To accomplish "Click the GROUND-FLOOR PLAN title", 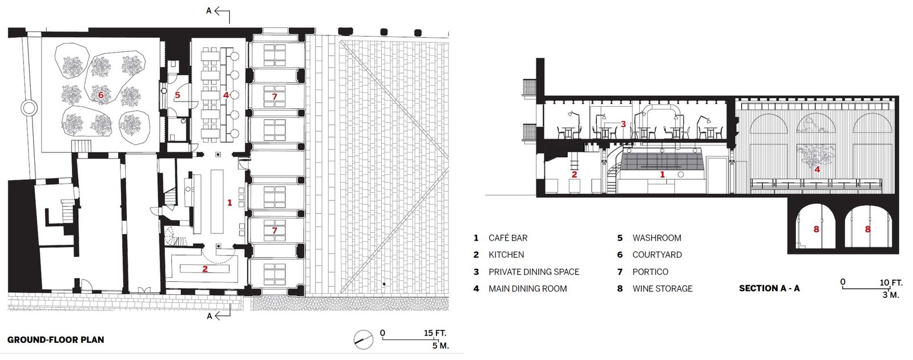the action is coord(56,339).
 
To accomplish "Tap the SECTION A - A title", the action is coord(769,288).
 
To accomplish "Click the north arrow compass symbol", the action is coord(363,339).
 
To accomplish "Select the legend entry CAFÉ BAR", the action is coord(508,238).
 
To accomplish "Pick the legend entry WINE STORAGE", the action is coord(662,289).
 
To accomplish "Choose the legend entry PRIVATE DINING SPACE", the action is coord(534,272).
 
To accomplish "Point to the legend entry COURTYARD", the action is coord(657,255).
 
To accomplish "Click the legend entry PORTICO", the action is coord(651,272).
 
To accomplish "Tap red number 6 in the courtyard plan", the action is coord(100,95).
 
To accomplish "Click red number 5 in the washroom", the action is coord(177,95).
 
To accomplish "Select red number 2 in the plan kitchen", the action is coord(205,269).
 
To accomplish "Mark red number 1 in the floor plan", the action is coord(229,203).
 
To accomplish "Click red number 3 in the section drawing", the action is coord(623,124).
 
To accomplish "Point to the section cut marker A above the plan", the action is coord(209,11).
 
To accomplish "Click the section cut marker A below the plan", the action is coord(209,316).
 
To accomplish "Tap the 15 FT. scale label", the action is coord(435,333).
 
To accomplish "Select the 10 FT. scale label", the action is coord(891,282).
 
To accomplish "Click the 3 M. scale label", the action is coord(891,295).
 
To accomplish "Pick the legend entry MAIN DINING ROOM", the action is coord(528,289).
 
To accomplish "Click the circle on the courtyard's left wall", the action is coord(29,108).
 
